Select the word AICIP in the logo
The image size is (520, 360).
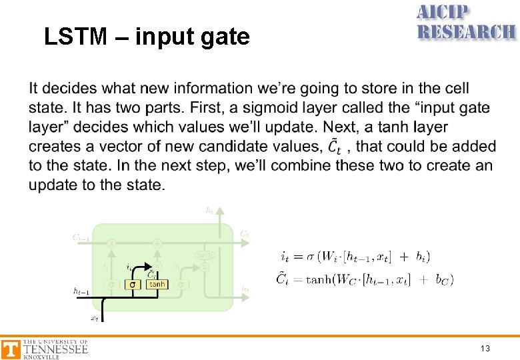coord(443,13)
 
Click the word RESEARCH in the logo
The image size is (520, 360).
coord(466,31)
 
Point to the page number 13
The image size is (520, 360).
coord(486,349)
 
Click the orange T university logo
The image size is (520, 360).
coord(11,349)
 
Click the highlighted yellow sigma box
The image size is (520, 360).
coord(132,284)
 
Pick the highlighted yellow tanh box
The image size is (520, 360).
coord(157,284)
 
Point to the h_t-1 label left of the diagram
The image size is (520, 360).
coord(81,290)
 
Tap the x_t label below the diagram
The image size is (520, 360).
coord(94,318)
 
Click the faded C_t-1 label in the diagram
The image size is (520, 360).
coord(81,237)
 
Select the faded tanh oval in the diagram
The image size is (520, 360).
coord(204,255)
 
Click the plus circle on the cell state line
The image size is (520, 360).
coord(157,243)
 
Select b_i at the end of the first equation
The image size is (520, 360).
coord(421,257)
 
